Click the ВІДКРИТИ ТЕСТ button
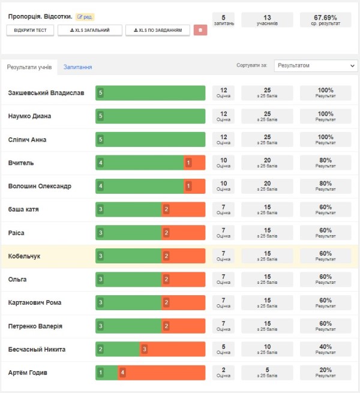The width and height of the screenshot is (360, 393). point(30,31)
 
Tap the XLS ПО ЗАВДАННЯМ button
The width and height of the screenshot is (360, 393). point(158,31)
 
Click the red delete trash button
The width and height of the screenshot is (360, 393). point(200,30)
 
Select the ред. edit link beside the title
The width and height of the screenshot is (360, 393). point(85,17)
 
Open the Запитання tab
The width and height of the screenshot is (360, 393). point(78,67)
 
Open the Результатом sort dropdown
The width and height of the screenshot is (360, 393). point(316,65)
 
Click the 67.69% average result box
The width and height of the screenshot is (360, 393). point(325,20)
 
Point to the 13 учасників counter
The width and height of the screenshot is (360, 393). point(267,20)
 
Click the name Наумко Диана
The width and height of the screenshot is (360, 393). point(29,116)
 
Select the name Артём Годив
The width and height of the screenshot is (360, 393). point(28,373)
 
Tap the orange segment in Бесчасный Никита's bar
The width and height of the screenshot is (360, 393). point(172,349)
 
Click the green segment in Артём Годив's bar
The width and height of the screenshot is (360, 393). point(107,373)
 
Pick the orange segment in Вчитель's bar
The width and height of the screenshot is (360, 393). point(194,163)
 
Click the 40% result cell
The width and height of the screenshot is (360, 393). point(325,349)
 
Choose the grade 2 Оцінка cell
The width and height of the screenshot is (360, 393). point(223,373)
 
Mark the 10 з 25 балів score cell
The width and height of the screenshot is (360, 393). point(267,349)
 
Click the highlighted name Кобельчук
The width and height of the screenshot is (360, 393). point(24,256)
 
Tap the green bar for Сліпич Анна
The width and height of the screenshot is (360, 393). point(151,139)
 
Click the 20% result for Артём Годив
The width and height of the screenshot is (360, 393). point(325,373)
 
